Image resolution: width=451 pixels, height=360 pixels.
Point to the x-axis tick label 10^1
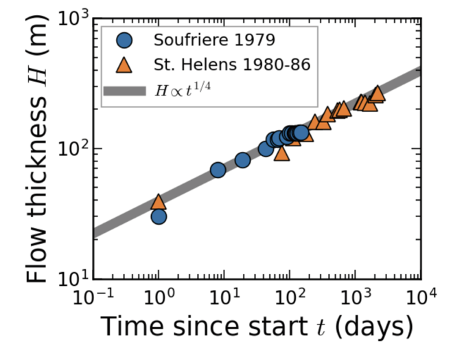(224, 297)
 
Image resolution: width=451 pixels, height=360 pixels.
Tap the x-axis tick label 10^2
(290, 297)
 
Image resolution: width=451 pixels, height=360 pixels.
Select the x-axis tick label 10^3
(356, 297)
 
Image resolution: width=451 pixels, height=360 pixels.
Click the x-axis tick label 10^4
(420, 297)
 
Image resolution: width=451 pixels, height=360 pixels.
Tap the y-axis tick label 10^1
(70, 279)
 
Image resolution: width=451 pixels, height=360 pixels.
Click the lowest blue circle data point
(159, 216)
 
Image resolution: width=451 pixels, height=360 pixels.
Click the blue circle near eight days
(218, 170)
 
